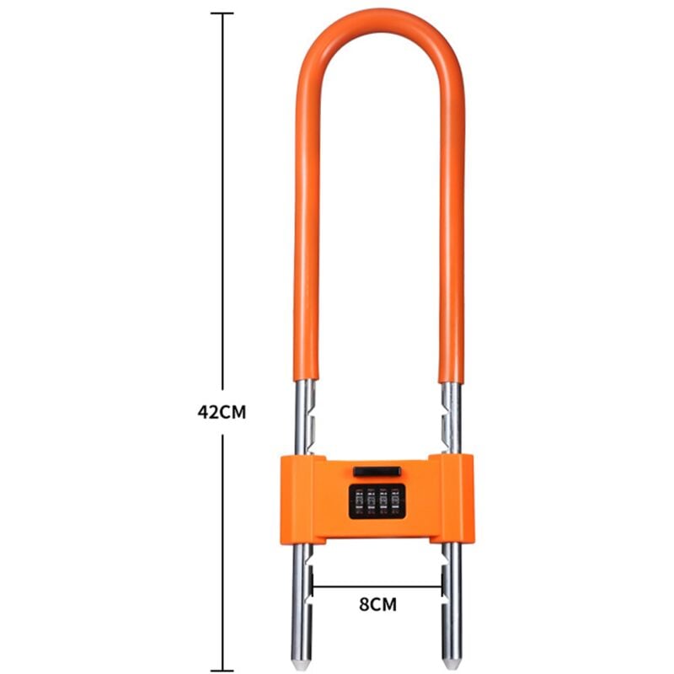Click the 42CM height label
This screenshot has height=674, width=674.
coord(222,413)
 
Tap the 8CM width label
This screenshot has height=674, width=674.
coord(377,603)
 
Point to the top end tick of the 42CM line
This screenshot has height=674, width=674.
coord(222,13)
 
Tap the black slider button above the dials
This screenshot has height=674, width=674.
coord(377,471)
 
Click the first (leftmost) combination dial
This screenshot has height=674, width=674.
coord(358,500)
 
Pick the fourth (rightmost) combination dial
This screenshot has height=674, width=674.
coord(396,500)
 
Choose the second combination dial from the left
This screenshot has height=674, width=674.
coord(371,500)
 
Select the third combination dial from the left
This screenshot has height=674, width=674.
coord(383,500)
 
